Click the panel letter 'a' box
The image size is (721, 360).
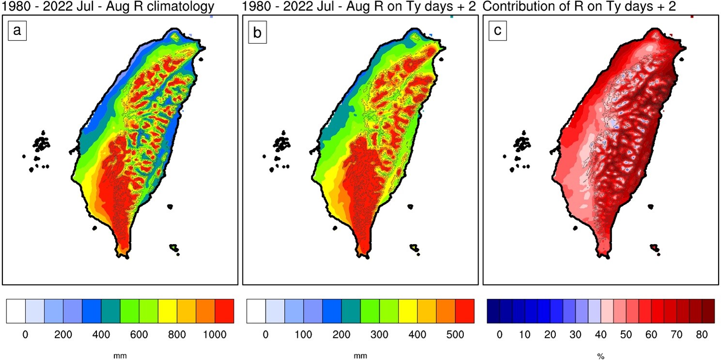click(x=17, y=31)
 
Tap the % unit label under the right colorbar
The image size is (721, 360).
click(x=600, y=357)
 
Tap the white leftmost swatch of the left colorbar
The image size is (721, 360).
click(x=16, y=311)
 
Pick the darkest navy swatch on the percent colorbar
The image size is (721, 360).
click(x=493, y=311)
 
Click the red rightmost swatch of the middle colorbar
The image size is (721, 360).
click(x=465, y=311)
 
